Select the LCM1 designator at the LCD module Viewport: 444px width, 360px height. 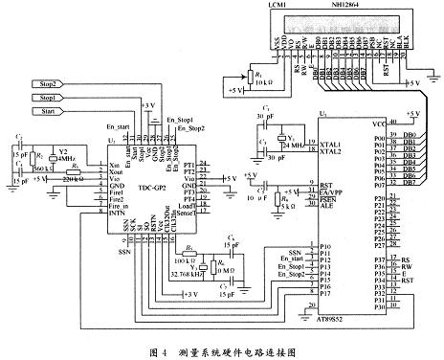pyautogui.click(x=272, y=6)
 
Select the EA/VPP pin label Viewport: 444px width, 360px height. pyautogui.click(x=332, y=191)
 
